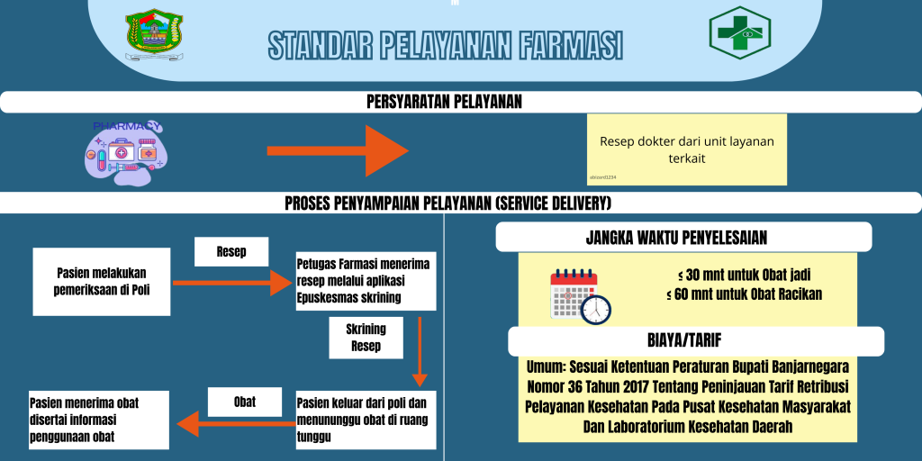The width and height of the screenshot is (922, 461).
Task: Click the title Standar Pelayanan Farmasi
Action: [x=446, y=45]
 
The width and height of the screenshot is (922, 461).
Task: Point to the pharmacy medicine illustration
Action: [x=125, y=151]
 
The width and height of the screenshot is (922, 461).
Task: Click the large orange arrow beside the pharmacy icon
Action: [x=338, y=150]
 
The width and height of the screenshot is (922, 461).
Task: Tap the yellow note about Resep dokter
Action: [x=686, y=149]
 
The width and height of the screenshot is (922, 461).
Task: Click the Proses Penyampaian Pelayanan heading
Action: [x=447, y=203]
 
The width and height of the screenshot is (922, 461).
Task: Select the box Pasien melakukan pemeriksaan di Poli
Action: [x=101, y=282]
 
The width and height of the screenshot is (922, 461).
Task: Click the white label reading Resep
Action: [x=231, y=252]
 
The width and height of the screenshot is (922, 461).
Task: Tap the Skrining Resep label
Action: [x=366, y=338]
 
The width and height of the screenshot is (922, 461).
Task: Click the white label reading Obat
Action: [x=244, y=402]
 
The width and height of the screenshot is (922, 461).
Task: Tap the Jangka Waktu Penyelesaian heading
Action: [x=683, y=237]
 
